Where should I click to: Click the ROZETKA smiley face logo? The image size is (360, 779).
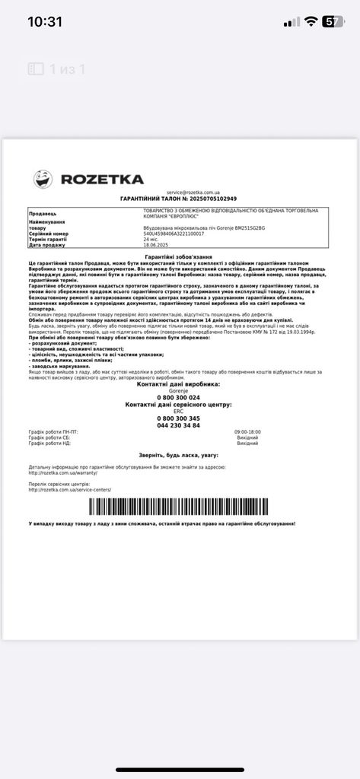tap(43, 179)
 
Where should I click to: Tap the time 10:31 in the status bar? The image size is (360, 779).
tap(45, 21)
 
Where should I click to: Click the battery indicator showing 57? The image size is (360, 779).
tap(333, 21)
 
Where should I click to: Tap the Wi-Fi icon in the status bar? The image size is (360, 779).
tap(311, 21)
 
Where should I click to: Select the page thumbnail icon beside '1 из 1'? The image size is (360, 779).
tap(36, 69)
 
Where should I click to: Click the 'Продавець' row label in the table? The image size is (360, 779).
tap(43, 214)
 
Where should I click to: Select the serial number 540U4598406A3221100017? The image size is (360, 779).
tap(174, 234)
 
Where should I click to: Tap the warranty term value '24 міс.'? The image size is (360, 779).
tap(151, 239)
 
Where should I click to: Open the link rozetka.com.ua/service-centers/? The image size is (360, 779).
tap(69, 489)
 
